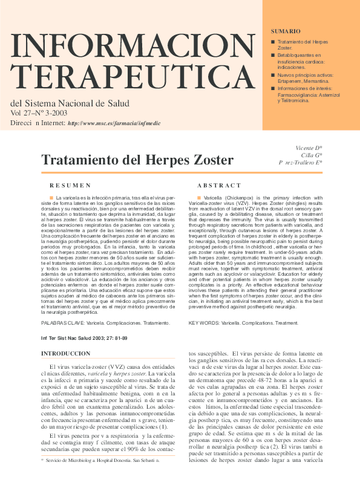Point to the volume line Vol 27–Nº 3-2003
coord(39,112)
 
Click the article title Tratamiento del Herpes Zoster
coord(137,160)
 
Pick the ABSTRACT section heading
coord(219,185)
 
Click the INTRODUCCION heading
coord(65,352)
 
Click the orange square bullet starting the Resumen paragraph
coord(52,197)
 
